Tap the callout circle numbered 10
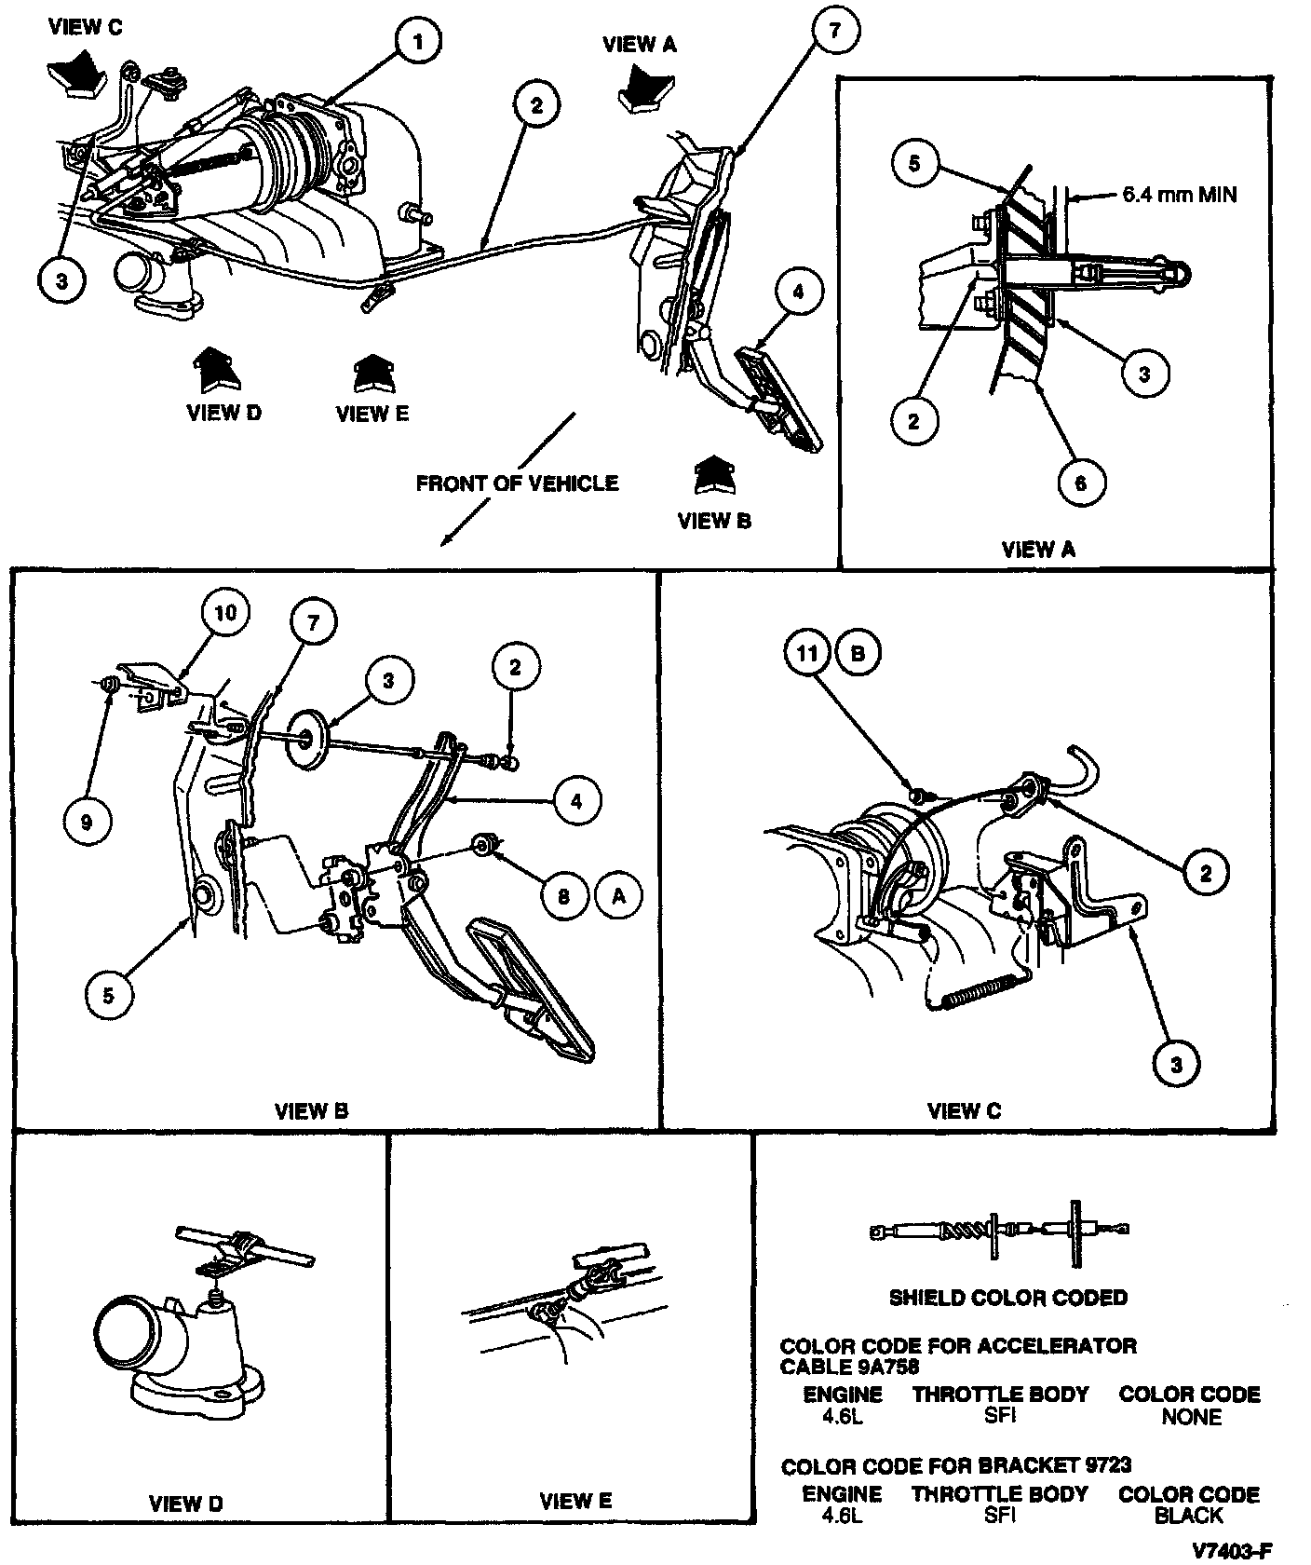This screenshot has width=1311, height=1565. pyautogui.click(x=226, y=612)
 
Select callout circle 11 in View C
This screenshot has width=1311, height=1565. pyautogui.click(x=806, y=653)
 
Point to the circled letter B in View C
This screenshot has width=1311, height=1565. pyautogui.click(x=858, y=653)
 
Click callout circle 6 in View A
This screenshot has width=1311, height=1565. pyautogui.click(x=1080, y=483)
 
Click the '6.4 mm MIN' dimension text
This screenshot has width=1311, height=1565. pyautogui.click(x=1180, y=196)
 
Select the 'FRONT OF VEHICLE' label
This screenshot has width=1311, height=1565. pyautogui.click(x=517, y=483)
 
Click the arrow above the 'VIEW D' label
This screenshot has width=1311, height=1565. pyautogui.click(x=217, y=369)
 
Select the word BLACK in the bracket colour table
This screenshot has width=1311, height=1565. pyautogui.click(x=1188, y=1516)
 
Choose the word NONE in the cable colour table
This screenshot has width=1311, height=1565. pyautogui.click(x=1191, y=1417)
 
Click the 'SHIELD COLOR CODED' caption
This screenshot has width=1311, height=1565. pyautogui.click(x=1008, y=1298)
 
